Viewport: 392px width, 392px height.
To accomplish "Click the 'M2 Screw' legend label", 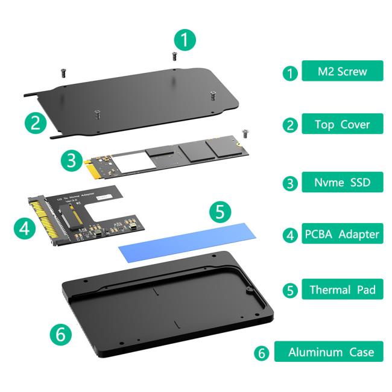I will [x=342, y=72].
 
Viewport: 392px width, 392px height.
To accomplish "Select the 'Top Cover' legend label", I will [x=342, y=125].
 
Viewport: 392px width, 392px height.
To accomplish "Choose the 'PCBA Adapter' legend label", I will [x=342, y=234].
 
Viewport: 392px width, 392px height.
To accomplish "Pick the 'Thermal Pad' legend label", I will [x=342, y=289].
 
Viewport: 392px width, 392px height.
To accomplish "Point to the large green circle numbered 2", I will [x=36, y=123].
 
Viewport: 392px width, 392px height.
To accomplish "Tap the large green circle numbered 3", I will [x=71, y=160].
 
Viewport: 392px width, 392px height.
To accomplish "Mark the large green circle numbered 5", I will [x=220, y=212].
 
